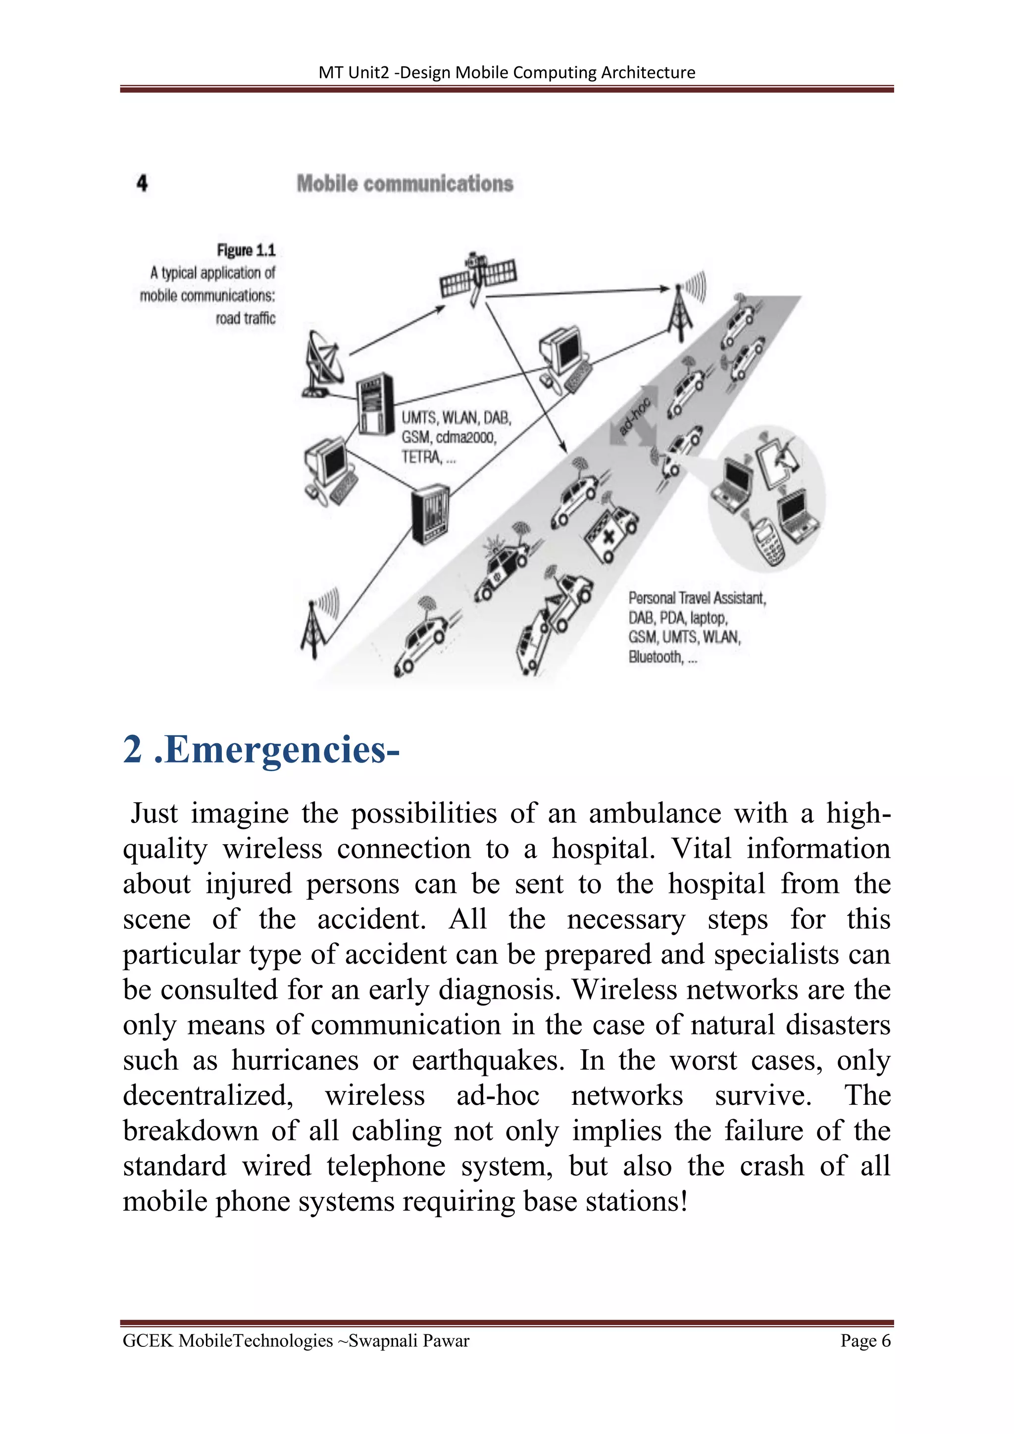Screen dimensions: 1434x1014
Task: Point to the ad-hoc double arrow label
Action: click(634, 418)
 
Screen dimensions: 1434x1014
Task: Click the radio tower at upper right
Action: click(681, 312)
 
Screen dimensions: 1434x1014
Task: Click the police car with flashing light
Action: click(503, 565)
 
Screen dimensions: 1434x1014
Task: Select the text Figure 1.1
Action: click(246, 251)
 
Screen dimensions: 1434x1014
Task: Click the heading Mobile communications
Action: click(405, 184)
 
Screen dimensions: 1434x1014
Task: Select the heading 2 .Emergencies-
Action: click(261, 750)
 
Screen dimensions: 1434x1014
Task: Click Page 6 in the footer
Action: click(865, 1341)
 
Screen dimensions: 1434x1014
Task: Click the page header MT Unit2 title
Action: click(507, 72)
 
